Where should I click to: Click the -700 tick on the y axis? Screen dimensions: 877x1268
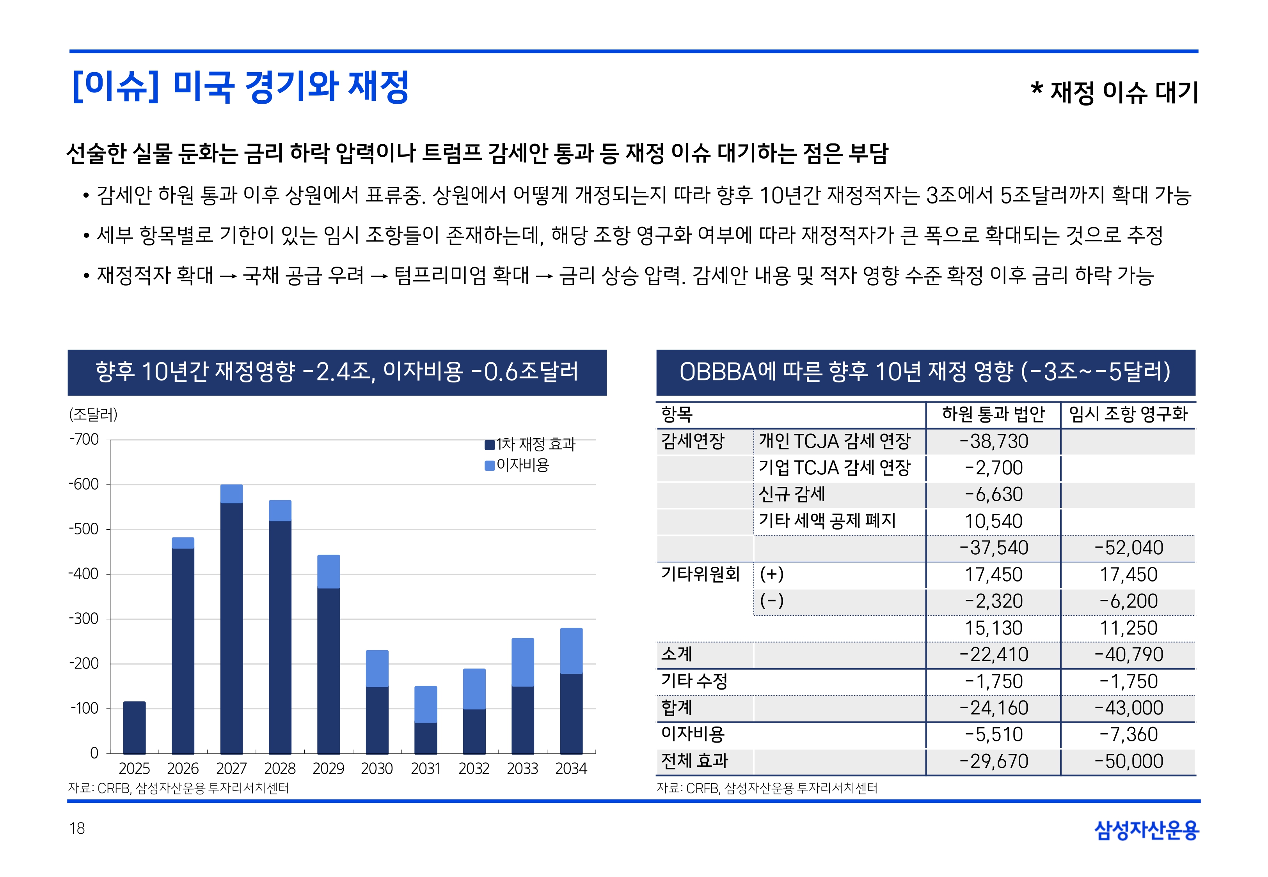tap(84, 440)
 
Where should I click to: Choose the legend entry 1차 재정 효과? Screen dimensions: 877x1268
tap(535, 444)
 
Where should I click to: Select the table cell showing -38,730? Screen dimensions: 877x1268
tap(993, 441)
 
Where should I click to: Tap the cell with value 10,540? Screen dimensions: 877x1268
tap(993, 521)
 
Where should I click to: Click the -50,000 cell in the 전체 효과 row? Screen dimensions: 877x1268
tap(1128, 761)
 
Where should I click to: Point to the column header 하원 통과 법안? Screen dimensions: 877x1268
tap(993, 414)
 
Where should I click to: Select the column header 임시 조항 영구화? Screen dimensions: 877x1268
tap(1128, 414)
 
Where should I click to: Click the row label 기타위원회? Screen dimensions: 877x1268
tap(700, 574)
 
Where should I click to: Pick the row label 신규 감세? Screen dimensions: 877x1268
tap(791, 494)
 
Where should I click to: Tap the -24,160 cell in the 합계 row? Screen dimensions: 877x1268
tap(993, 708)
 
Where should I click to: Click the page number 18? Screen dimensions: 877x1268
tap(77, 828)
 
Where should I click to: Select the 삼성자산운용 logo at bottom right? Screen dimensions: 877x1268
tap(1147, 830)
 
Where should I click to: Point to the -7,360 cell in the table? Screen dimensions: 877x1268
tap(1128, 735)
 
